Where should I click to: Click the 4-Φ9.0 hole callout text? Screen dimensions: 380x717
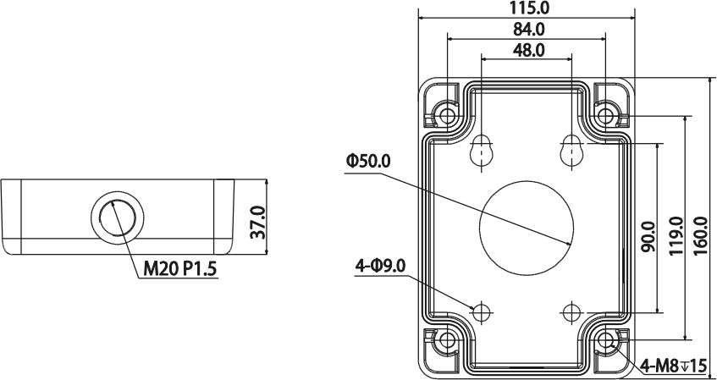click(381, 267)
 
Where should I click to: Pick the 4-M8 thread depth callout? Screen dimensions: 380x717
click(672, 366)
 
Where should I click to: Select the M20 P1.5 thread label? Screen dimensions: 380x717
click(180, 270)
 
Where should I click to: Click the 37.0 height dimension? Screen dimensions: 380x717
click(257, 222)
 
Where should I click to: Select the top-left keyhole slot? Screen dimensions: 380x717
click(482, 151)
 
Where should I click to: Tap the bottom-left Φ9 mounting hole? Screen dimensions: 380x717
click(482, 311)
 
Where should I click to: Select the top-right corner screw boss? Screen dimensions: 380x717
click(606, 113)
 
